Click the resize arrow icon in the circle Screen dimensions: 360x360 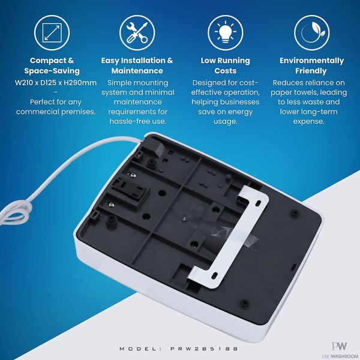[x=52, y=32]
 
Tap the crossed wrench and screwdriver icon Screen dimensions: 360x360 [x=137, y=32]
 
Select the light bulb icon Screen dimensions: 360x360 [x=226, y=32]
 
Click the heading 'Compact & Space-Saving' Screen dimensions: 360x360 [x=52, y=65]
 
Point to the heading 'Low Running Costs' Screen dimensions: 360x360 [x=226, y=65]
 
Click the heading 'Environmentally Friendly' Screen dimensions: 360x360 [x=311, y=65]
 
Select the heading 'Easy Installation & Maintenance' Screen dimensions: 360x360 [x=137, y=65]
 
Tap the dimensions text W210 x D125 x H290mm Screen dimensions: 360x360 [x=56, y=83]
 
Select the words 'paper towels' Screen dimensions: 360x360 [x=294, y=92]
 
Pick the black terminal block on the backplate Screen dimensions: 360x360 [x=130, y=189]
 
